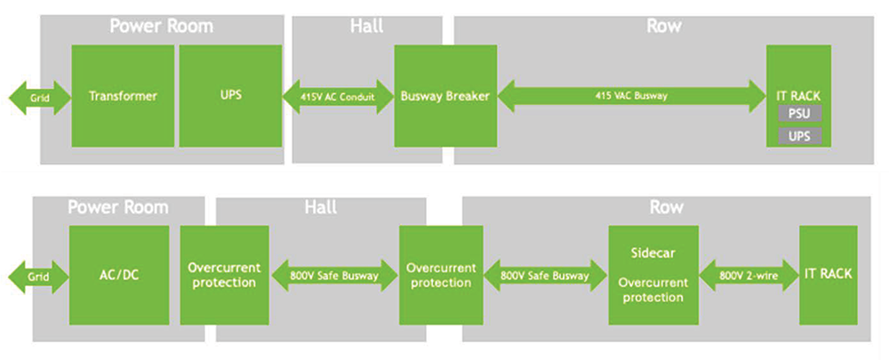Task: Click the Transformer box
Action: click(123, 96)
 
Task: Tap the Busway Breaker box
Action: click(444, 96)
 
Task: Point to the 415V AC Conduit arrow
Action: click(339, 96)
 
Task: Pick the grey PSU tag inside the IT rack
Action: click(799, 114)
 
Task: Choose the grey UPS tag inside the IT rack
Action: click(799, 136)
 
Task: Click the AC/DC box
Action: click(119, 275)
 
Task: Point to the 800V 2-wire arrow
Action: click(746, 275)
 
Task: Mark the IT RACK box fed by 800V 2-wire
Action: click(828, 275)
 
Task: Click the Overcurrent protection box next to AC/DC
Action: click(224, 275)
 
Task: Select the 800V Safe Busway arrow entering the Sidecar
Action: click(545, 276)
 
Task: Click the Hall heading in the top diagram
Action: click(366, 26)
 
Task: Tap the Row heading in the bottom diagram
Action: click(666, 207)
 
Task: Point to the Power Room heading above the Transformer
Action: click(161, 26)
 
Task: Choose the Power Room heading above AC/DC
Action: click(118, 207)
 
